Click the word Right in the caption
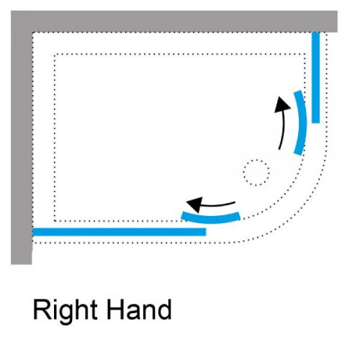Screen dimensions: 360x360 pyautogui.click(x=66, y=312)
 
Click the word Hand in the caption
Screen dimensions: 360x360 pyautogui.click(x=139, y=309)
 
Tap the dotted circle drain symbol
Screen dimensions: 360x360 pyautogui.click(x=256, y=172)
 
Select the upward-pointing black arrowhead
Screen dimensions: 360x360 pyautogui.click(x=282, y=104)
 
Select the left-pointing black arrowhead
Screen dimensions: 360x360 pyautogui.click(x=195, y=204)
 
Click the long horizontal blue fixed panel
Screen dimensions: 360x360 pyautogui.click(x=120, y=232)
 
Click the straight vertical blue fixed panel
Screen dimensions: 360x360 pyautogui.click(x=315, y=78)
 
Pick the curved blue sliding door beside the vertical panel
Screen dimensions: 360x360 pyautogui.click(x=302, y=123)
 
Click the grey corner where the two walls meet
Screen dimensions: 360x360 pyautogui.click(x=22, y=22)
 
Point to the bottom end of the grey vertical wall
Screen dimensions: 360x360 pyautogui.click(x=22, y=264)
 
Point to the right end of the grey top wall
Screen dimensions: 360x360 pyautogui.click(x=337, y=22)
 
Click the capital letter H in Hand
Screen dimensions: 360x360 pyautogui.click(x=116, y=309)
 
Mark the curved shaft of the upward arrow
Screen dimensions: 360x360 pyautogui.click(x=282, y=130)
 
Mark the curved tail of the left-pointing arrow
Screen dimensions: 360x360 pyautogui.click(x=218, y=204)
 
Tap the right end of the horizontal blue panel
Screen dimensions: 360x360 pyautogui.click(x=206, y=232)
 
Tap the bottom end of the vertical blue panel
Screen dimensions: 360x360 pyautogui.click(x=315, y=122)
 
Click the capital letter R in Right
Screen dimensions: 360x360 pyautogui.click(x=42, y=309)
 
